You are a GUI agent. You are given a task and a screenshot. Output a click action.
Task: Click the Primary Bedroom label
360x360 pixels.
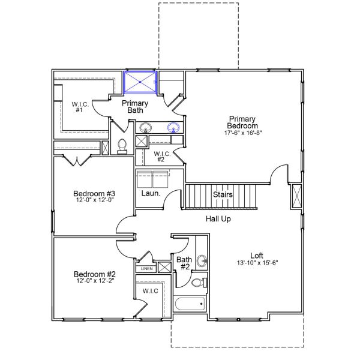(x=243, y=122)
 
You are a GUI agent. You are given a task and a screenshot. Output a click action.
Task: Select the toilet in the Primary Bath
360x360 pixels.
(x=122, y=146)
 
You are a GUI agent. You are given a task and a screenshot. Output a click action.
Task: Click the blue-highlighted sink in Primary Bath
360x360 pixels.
(x=174, y=128)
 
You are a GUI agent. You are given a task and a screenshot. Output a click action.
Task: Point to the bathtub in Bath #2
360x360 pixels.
(x=189, y=302)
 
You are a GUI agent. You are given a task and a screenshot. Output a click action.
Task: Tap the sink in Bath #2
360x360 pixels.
(x=202, y=260)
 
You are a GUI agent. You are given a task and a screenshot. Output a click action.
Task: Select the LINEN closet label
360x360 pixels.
(x=146, y=269)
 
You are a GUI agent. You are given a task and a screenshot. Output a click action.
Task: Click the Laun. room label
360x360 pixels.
(x=150, y=194)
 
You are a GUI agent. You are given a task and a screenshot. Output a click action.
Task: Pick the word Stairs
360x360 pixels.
(x=223, y=195)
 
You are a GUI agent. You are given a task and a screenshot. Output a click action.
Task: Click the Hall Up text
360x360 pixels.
(x=218, y=219)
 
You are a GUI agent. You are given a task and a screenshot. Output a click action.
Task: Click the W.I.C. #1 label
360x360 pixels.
(x=80, y=107)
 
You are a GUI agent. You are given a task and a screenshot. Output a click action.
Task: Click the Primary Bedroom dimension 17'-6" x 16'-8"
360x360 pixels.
(x=243, y=132)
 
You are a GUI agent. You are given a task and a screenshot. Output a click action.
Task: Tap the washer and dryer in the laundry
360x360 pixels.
(x=154, y=179)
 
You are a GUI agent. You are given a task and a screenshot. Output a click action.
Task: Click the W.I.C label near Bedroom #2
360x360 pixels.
(x=150, y=291)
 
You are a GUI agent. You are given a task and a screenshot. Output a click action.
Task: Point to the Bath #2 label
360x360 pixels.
(x=184, y=262)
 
